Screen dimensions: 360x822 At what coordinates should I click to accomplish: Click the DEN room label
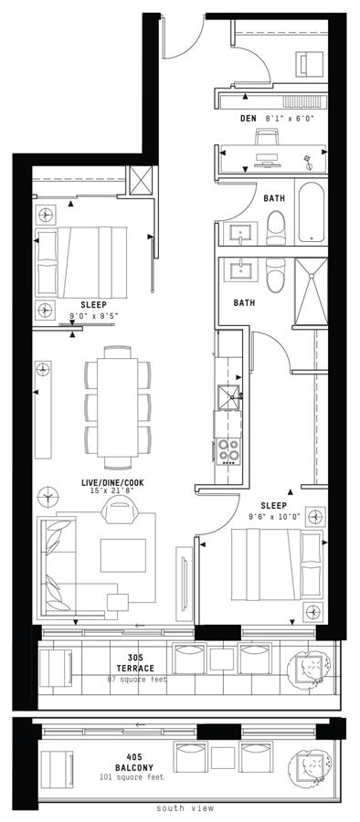(x=248, y=119)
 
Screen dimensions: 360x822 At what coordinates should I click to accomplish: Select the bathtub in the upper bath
(x=312, y=212)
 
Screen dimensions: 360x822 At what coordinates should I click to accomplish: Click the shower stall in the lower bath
(x=311, y=291)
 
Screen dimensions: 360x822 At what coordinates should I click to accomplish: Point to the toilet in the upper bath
(x=276, y=228)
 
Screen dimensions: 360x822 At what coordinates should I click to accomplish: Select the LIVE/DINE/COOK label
(x=111, y=482)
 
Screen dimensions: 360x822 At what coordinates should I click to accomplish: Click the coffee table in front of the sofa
(x=123, y=555)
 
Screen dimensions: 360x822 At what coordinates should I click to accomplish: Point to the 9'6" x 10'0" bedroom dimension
(x=274, y=516)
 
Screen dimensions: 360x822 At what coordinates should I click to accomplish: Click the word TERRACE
(x=135, y=669)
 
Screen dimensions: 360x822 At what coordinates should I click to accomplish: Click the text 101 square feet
(x=132, y=777)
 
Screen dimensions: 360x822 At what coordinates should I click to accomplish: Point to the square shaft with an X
(x=140, y=180)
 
